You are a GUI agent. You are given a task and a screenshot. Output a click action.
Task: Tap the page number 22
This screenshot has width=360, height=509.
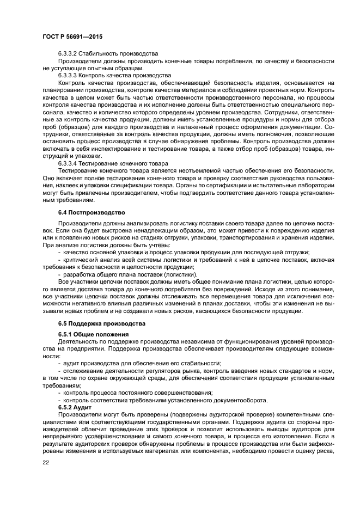point(46,463)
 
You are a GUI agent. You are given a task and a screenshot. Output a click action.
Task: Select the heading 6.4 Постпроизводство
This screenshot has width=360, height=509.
point(91,212)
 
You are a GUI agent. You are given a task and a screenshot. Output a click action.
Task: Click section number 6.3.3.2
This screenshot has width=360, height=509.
point(69,54)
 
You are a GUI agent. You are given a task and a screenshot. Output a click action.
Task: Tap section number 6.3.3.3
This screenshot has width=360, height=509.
point(69,75)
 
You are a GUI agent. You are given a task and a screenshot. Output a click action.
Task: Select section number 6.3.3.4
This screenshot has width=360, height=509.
point(69,163)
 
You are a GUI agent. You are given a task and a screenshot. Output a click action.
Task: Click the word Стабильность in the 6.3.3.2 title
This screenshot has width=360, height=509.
point(100,54)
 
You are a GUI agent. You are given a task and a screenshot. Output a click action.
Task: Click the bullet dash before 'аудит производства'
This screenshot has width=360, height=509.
point(59,363)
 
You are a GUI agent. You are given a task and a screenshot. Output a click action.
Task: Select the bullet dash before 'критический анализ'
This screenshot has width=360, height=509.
point(59,260)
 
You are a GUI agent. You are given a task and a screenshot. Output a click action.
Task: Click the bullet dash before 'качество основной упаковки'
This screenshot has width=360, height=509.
point(59,252)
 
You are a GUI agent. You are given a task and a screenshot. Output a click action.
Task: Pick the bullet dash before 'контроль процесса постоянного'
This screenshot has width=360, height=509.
point(59,393)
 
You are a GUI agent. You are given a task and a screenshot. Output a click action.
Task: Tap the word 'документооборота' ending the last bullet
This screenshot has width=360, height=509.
point(240,400)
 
